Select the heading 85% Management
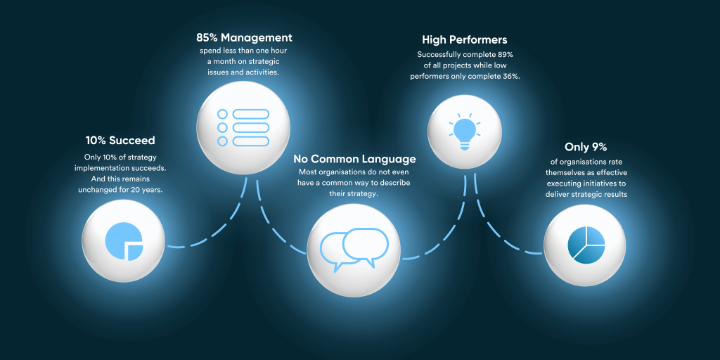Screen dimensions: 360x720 coord(244,37)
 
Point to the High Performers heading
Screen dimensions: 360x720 coord(465,40)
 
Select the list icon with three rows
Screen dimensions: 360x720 coord(243,127)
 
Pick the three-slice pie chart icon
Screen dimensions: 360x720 coord(586,243)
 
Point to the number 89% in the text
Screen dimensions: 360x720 coord(502,54)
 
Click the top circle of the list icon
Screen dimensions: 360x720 coord(223,114)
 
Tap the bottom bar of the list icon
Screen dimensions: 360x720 coord(251,141)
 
